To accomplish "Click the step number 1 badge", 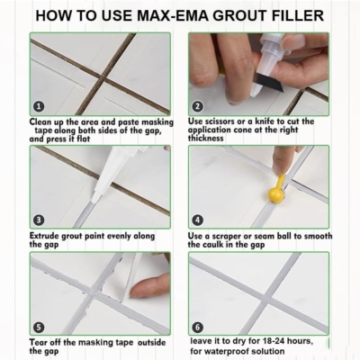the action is [39, 106].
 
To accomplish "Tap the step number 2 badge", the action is [197, 106].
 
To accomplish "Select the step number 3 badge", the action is [39, 220].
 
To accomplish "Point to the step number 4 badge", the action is [197, 220].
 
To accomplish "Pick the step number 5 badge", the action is [39, 328].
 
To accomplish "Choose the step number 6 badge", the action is [197, 327].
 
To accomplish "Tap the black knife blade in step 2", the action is [268, 82].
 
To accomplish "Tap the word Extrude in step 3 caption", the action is [44, 236].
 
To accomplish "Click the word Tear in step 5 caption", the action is [39, 342].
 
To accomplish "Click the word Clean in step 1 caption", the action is [40, 122].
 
